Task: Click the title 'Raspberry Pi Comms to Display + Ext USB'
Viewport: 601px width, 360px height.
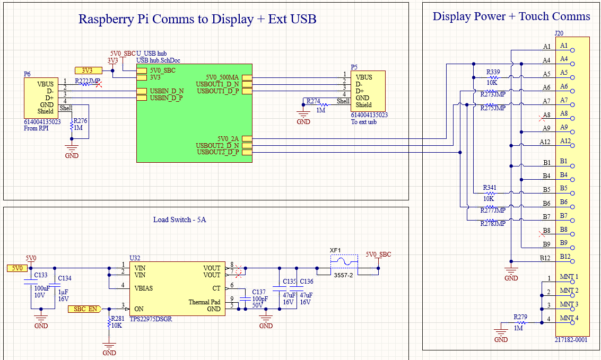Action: pos(197,20)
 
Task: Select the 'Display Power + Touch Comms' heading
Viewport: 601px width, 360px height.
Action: pos(511,16)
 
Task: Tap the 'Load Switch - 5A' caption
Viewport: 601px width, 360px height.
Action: pos(179,219)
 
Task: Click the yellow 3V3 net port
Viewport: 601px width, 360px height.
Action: pos(88,70)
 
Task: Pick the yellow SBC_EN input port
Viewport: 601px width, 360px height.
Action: pos(85,309)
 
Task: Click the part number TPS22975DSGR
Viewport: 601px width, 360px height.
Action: pos(151,319)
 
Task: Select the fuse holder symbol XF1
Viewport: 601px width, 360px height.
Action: pos(344,262)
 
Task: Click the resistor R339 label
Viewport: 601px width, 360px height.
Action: pos(493,72)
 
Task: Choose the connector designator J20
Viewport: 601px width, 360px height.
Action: pos(559,33)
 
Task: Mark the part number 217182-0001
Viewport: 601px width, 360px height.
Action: pos(571,340)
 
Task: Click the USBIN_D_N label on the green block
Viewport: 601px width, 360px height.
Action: pos(167,91)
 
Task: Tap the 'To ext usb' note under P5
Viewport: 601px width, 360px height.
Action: pos(364,122)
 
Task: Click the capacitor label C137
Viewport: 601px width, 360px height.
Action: pos(259,292)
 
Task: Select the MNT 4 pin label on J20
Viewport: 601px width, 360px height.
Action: pos(569,318)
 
